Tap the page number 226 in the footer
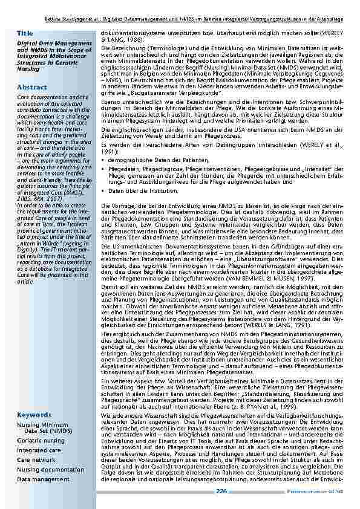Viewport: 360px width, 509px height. click(x=221, y=491)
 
